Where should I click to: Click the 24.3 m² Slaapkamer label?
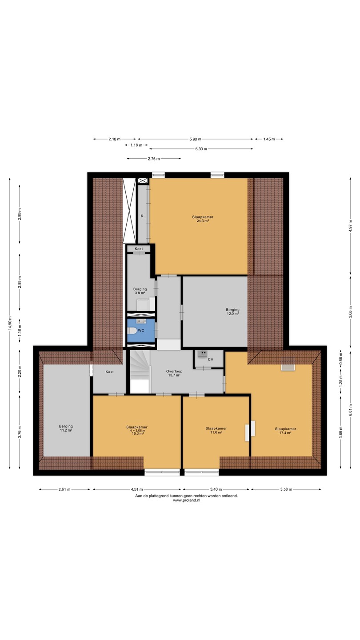click(203, 219)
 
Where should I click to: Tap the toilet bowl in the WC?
click(132, 331)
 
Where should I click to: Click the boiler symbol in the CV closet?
click(202, 353)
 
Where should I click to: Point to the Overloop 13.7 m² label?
click(174, 373)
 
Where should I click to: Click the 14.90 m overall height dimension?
click(10, 324)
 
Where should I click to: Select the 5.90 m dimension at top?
click(196, 139)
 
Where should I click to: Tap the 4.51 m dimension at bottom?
click(137, 489)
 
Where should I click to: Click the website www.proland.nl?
click(187, 500)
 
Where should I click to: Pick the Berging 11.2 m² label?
click(66, 428)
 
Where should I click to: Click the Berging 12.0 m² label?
click(232, 312)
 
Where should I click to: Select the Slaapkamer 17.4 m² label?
click(285, 431)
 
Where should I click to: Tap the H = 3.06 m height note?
click(137, 431)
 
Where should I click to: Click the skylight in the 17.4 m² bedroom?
click(288, 367)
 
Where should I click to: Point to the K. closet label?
click(143, 216)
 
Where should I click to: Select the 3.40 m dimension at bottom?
click(216, 489)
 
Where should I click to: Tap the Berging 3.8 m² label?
click(140, 291)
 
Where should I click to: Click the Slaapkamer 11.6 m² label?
click(216, 430)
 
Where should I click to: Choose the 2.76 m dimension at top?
click(154, 159)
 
